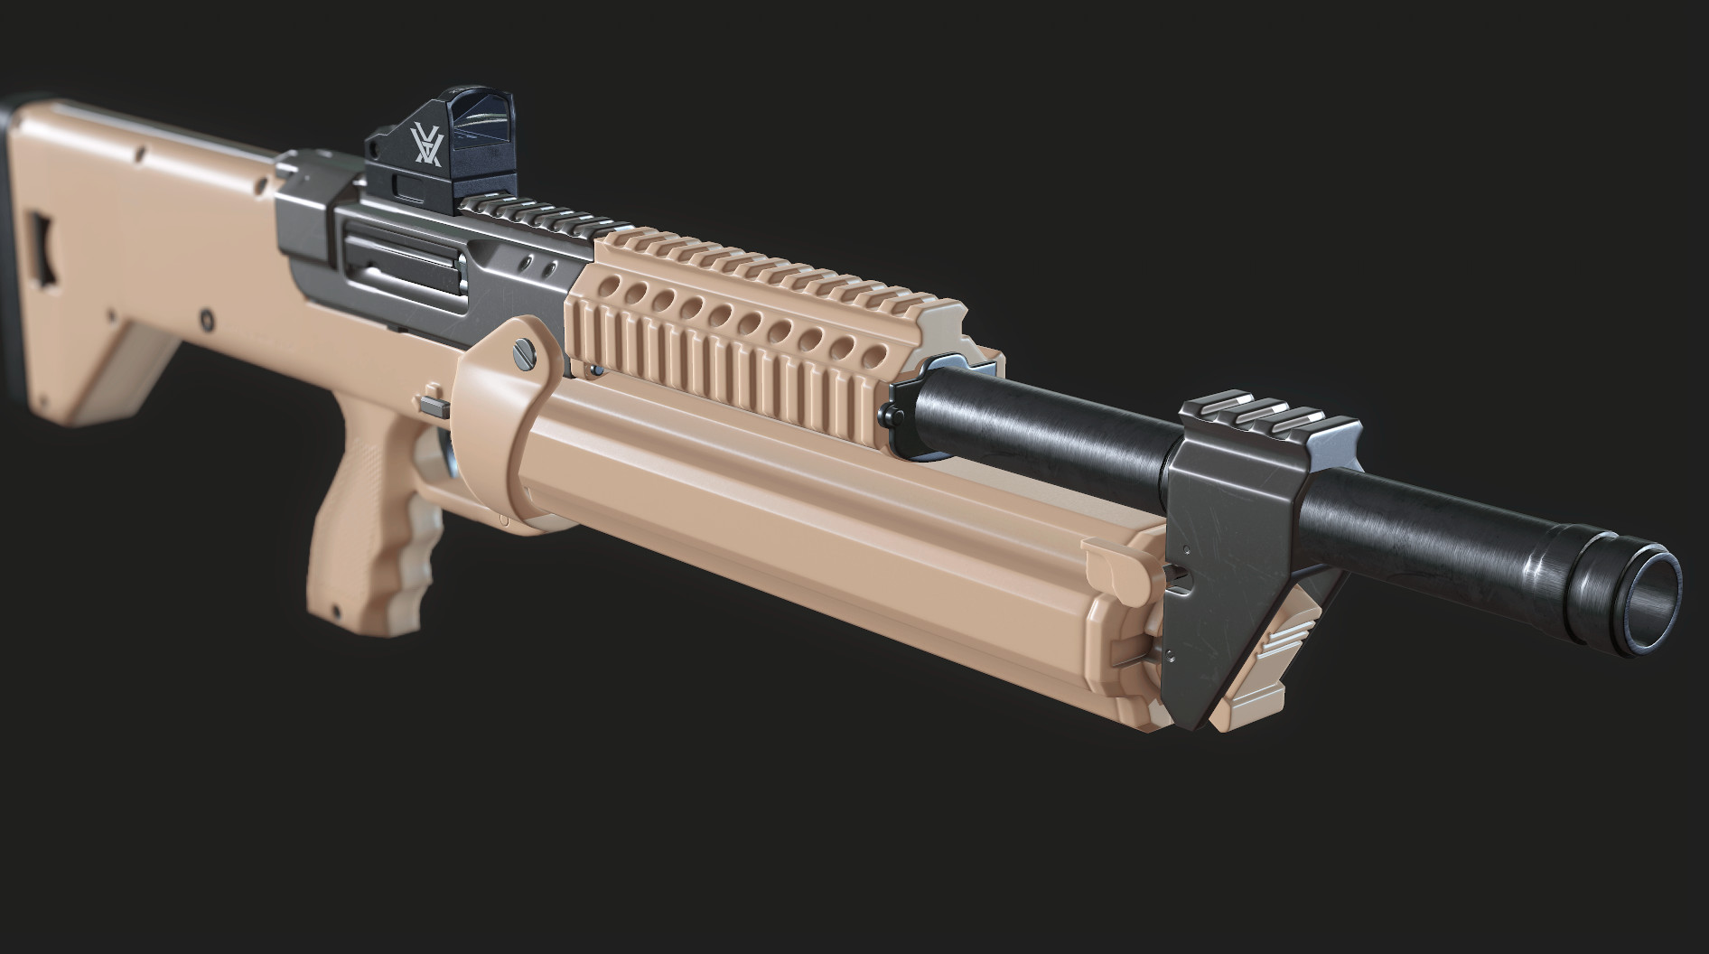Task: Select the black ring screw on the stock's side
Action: (209, 319)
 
